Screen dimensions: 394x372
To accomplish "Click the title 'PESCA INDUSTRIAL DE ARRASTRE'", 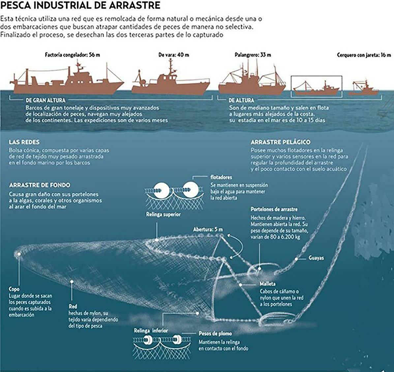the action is pyautogui.click(x=81, y=6).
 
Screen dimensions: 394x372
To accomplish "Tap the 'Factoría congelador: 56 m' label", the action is pyautogui.click(x=72, y=55).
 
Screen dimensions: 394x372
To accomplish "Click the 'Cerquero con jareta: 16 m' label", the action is pyautogui.click(x=364, y=55).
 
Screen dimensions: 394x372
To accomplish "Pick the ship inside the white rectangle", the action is pyautogui.click(x=316, y=89).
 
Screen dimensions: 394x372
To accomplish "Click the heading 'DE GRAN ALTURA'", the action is pyautogui.click(x=45, y=100).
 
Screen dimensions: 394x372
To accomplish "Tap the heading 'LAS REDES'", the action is pyautogui.click(x=24, y=142).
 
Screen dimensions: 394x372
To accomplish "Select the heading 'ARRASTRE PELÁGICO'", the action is pyautogui.click(x=280, y=142).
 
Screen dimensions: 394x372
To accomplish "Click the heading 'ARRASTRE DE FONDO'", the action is pyautogui.click(x=40, y=185).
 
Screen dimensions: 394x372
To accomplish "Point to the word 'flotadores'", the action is pyautogui.click(x=221, y=177).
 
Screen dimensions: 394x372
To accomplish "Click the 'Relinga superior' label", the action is pyautogui.click(x=163, y=215).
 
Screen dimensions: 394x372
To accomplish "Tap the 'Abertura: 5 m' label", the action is pyautogui.click(x=208, y=229).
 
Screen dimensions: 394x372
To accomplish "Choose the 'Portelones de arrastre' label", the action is pyautogui.click(x=274, y=209).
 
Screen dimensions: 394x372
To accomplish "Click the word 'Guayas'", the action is pyautogui.click(x=316, y=258).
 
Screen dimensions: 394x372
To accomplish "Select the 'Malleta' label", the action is pyautogui.click(x=267, y=284).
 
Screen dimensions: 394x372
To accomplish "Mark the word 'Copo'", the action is pyautogui.click(x=14, y=289).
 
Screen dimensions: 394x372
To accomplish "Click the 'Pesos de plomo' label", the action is pyautogui.click(x=215, y=334).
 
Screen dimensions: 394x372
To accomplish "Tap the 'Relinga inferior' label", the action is pyautogui.click(x=151, y=331).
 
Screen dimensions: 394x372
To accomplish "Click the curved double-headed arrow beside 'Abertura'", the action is pyautogui.click(x=238, y=245).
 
